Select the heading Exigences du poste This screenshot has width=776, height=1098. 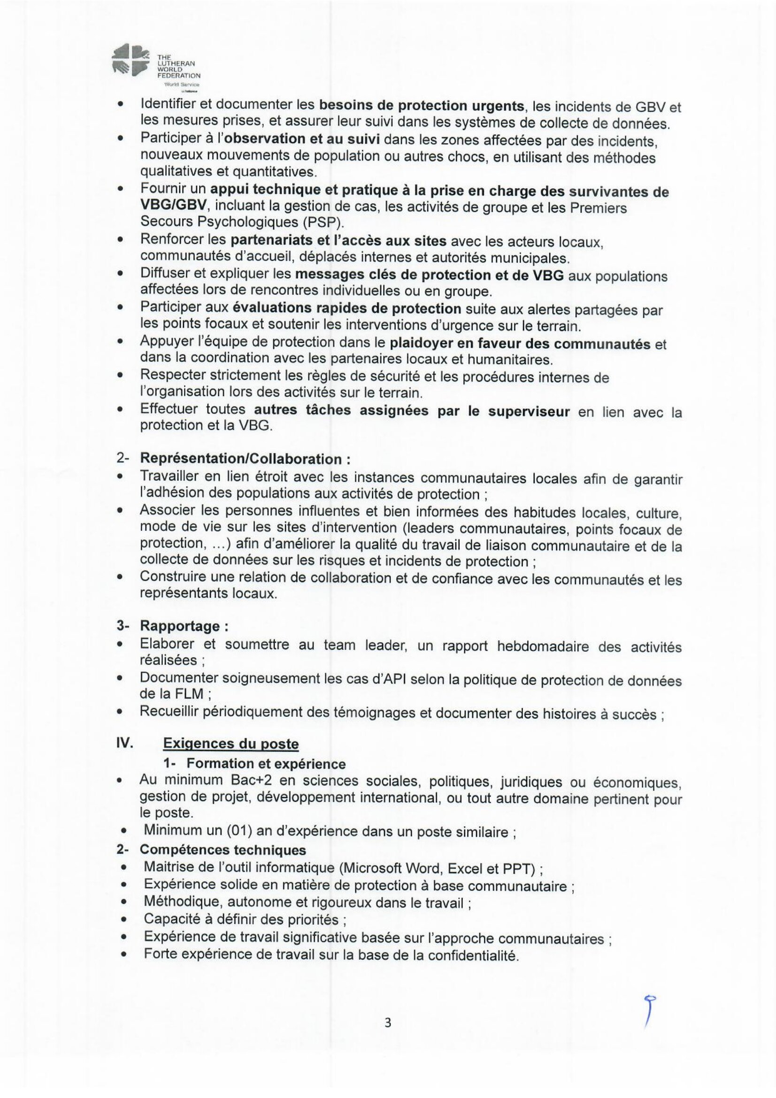coord(230,744)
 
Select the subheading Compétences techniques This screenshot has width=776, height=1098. coord(223,850)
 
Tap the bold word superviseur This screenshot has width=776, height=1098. coord(529,411)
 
